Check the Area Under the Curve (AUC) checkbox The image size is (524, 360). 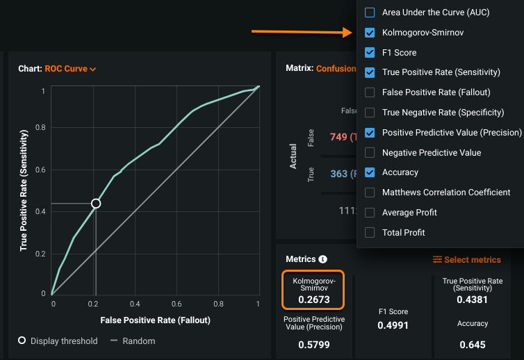[x=370, y=13]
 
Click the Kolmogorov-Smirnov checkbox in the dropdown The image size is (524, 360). [x=370, y=33]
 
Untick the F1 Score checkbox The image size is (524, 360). [x=370, y=52]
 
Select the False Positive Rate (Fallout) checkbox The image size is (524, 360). [x=370, y=92]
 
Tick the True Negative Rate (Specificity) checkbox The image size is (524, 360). [x=370, y=113]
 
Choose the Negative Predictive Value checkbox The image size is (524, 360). [x=370, y=153]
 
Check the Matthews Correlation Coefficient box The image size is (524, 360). [x=370, y=193]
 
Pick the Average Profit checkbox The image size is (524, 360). [x=370, y=213]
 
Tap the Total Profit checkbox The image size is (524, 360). [x=370, y=233]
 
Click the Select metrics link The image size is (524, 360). [x=466, y=260]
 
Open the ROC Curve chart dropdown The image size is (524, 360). [x=70, y=69]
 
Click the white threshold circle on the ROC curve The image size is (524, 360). [x=96, y=204]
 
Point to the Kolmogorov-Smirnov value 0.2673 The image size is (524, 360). [x=314, y=300]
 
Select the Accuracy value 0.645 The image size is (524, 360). [x=473, y=345]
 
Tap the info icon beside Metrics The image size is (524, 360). [x=322, y=259]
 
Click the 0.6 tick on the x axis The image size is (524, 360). [x=177, y=304]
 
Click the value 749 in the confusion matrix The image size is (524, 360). [x=338, y=137]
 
